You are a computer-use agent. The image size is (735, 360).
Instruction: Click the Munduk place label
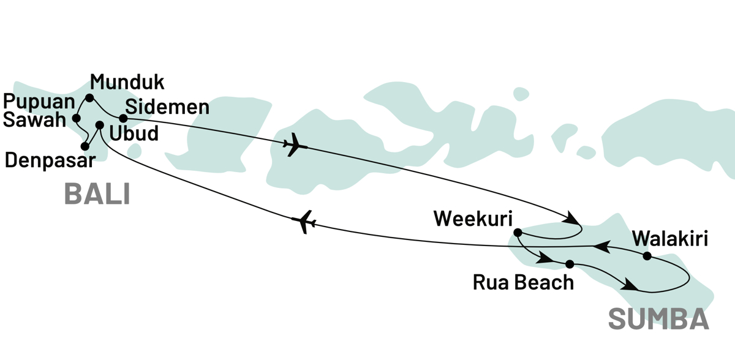click(127, 82)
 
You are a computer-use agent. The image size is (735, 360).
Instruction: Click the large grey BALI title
click(97, 195)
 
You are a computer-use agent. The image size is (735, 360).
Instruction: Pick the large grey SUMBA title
click(658, 320)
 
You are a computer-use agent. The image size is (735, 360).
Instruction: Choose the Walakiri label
click(669, 238)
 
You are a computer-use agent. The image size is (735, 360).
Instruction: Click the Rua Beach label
click(524, 282)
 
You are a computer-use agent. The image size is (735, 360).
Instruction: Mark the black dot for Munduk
click(89, 98)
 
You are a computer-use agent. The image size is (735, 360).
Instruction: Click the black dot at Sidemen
click(123, 118)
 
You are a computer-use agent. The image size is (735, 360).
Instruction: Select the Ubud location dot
click(100, 126)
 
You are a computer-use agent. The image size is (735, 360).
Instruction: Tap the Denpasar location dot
click(85, 146)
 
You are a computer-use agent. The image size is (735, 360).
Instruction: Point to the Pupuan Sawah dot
click(77, 118)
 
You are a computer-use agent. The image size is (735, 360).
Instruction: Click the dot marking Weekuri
click(518, 233)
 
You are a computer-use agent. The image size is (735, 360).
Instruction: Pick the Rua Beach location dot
click(570, 264)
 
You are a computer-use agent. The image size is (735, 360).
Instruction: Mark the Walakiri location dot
click(647, 256)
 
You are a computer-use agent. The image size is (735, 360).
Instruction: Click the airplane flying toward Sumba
click(296, 146)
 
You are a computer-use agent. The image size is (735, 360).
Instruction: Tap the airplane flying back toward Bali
click(304, 222)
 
